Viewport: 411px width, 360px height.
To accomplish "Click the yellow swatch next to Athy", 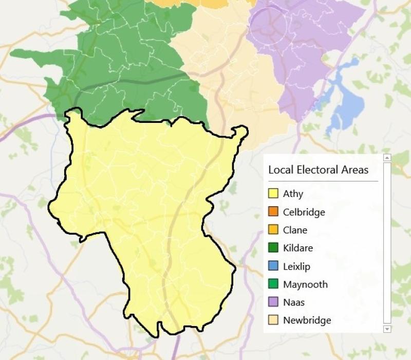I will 273,194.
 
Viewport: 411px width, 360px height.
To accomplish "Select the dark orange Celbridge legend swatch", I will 273,212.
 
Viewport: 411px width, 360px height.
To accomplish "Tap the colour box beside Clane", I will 273,230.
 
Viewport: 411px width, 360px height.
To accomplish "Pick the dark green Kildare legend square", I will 273,248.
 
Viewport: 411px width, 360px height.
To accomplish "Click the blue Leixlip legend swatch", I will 273,266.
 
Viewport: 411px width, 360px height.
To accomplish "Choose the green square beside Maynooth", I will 273,284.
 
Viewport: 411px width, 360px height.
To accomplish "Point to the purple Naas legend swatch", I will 273,302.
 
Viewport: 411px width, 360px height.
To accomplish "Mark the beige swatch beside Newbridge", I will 273,320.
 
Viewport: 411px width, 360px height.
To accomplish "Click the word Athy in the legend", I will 293,194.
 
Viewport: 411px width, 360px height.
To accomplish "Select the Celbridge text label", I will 304,212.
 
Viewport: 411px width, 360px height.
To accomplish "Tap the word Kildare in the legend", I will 297,248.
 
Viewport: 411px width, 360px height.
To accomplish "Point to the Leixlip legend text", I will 296,266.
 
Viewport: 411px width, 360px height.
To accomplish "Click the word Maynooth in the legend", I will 305,284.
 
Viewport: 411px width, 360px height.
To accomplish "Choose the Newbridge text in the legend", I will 307,320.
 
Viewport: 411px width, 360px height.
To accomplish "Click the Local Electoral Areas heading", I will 319,170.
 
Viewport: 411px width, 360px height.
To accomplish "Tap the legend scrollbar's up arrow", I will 387,157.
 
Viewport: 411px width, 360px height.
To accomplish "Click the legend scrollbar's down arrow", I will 387,329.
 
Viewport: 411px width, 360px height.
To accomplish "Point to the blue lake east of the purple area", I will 342,98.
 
